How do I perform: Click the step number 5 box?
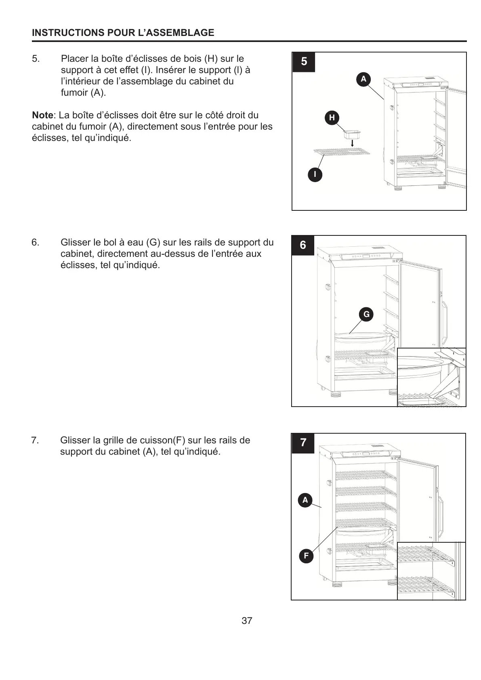point(304,62)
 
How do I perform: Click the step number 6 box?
point(303,245)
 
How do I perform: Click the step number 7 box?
point(303,443)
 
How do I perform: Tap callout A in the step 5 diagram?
point(363,79)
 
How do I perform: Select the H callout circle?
point(332,118)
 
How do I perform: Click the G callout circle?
point(366,314)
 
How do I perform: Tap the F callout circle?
point(306,556)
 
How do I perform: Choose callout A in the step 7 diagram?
point(305,500)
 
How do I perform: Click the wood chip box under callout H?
point(351,134)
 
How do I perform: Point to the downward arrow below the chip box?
point(352,143)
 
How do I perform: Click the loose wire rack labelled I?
point(342,151)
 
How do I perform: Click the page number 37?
point(247,621)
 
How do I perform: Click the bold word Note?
point(42,115)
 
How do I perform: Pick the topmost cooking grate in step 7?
point(365,475)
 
